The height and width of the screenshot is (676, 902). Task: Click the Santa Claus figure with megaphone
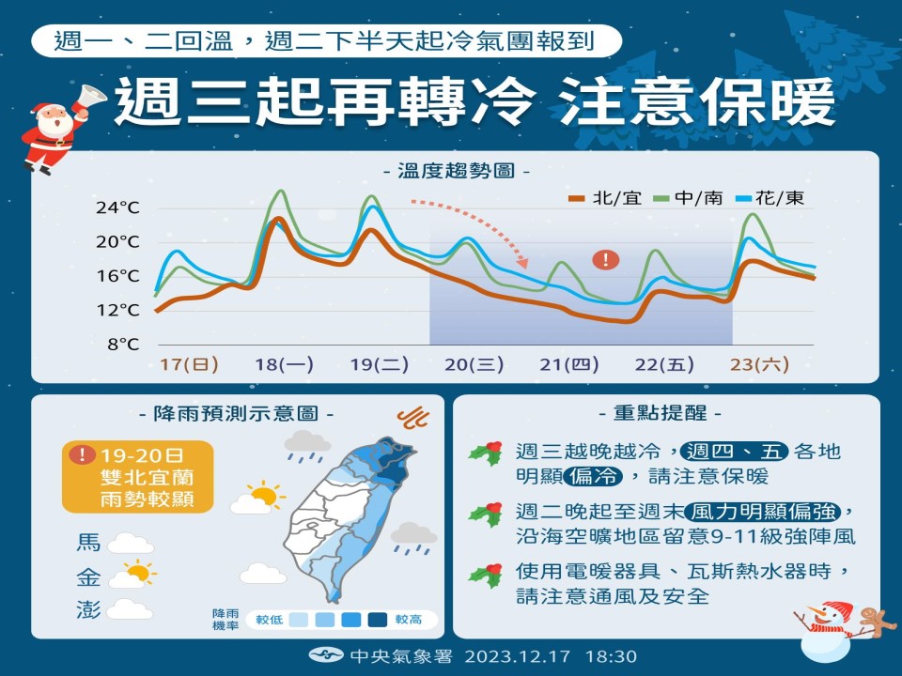(x=52, y=131)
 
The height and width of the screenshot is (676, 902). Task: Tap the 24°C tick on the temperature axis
(x=117, y=207)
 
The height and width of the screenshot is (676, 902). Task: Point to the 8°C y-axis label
(x=123, y=345)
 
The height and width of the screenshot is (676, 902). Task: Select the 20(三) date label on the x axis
(x=474, y=364)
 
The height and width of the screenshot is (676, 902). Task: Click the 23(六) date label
(x=756, y=364)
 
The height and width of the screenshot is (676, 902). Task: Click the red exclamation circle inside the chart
(x=606, y=259)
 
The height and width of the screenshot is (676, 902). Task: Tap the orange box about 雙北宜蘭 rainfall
(x=139, y=477)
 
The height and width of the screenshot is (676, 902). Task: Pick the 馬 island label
(x=88, y=542)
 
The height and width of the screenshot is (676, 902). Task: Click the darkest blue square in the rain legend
(x=379, y=620)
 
